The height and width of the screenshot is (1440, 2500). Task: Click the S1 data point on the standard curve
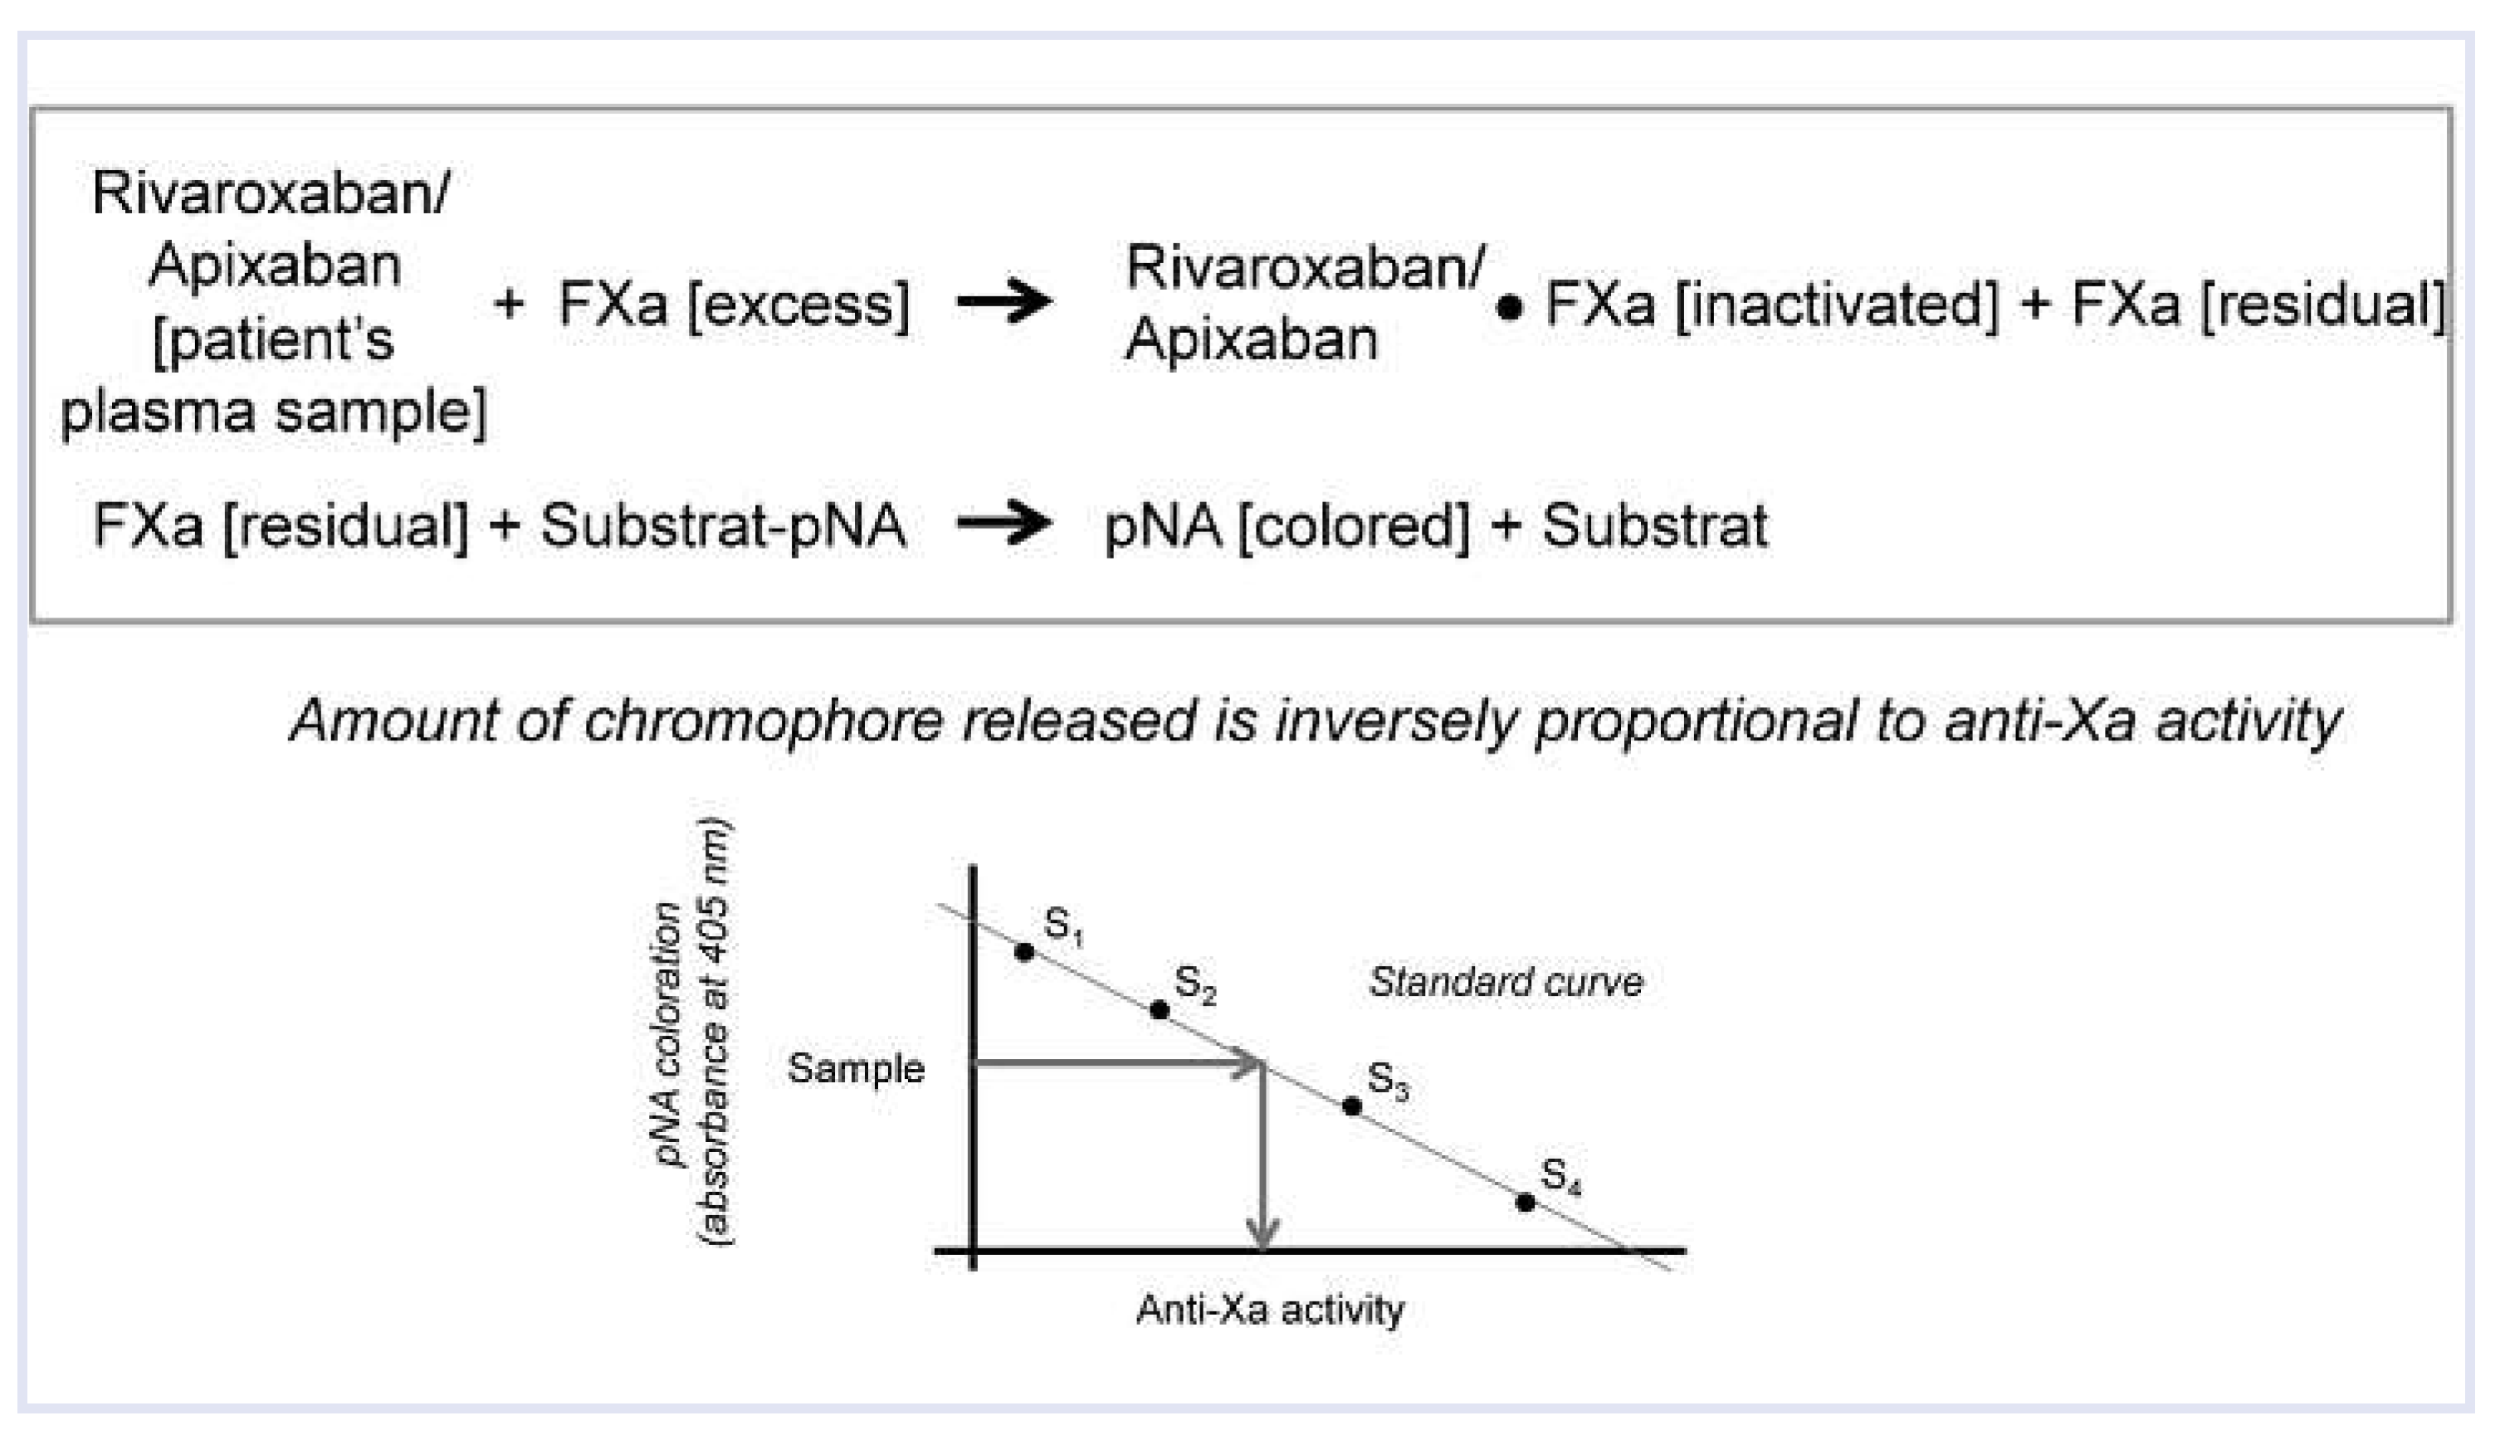[x=1024, y=951]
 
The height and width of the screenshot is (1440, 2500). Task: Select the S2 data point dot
[x=1160, y=1010]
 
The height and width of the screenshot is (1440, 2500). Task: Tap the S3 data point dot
[x=1352, y=1106]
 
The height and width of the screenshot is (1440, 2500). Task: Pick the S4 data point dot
[x=1525, y=1203]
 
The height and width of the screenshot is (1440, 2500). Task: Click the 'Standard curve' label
[x=1505, y=982]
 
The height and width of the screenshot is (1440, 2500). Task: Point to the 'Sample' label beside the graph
[x=856, y=1068]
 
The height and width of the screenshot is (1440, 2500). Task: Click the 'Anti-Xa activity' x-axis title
[x=1270, y=1310]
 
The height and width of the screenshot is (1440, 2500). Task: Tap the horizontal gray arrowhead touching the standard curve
[x=1250, y=1063]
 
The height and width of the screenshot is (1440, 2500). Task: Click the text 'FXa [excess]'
[x=734, y=304]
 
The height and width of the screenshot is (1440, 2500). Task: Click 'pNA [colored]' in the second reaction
[x=1287, y=525]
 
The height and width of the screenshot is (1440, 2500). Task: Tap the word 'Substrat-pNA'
[x=723, y=525]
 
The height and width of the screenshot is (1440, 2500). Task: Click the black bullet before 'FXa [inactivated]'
[x=1509, y=309]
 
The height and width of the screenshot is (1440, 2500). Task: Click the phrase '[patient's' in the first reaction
[x=273, y=339]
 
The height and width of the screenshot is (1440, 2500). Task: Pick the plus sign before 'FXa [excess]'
[x=508, y=304]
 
